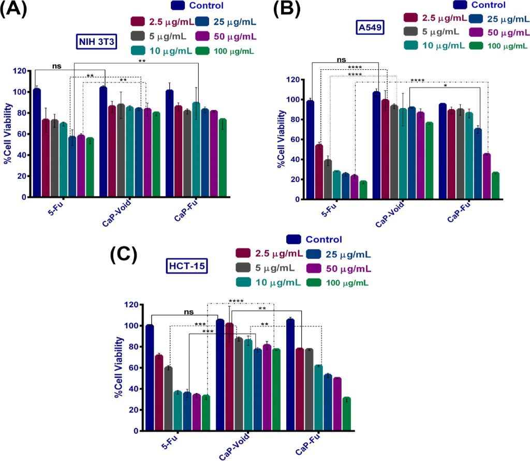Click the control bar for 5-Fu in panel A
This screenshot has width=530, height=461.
pyautogui.click(x=37, y=143)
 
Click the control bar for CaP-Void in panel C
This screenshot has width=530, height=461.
pyautogui.click(x=220, y=375)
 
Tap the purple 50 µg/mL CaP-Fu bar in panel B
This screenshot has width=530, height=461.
pyautogui.click(x=486, y=176)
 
